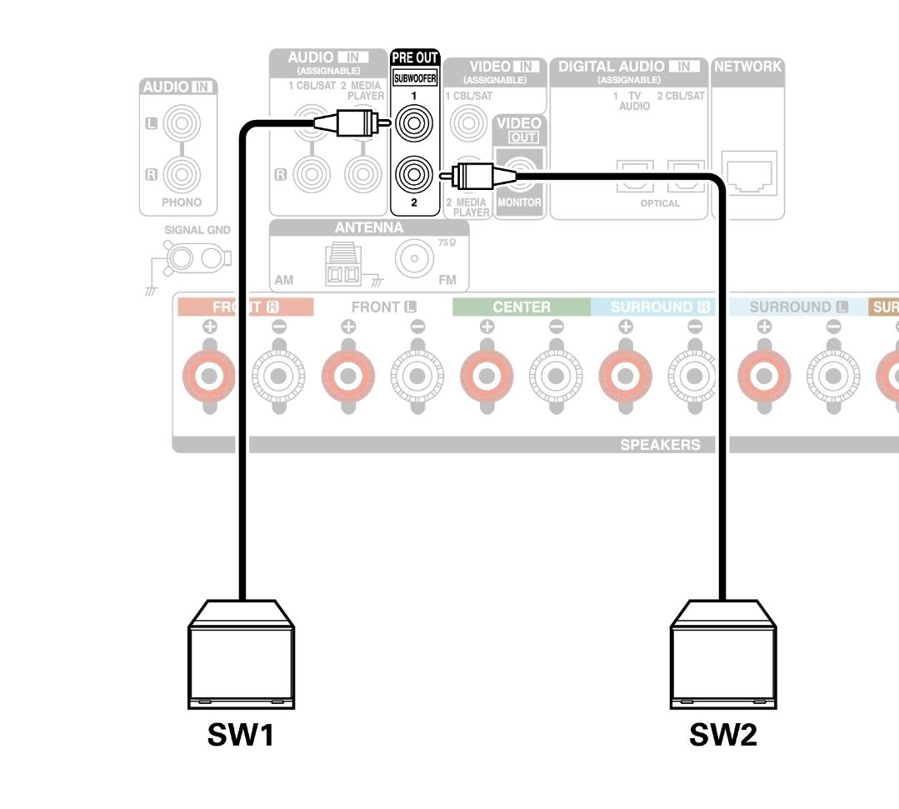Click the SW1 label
click(x=241, y=736)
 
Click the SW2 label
click(x=723, y=736)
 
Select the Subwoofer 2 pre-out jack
click(x=414, y=174)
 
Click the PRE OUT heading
click(x=414, y=58)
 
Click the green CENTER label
click(x=522, y=307)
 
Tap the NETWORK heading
click(x=747, y=67)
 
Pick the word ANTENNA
click(x=368, y=227)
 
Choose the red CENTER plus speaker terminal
click(x=487, y=376)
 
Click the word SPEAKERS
click(x=660, y=445)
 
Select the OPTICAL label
click(x=660, y=203)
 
